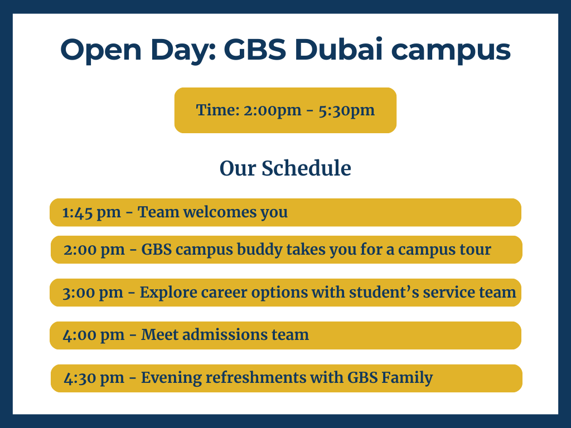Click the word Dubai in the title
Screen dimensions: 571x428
[x=338, y=49]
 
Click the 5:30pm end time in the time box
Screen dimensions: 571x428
[x=346, y=110]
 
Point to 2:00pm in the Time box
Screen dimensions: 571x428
[x=272, y=110]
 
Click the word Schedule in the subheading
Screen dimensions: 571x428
[x=306, y=168]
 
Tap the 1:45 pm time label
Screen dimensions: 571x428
[x=91, y=212]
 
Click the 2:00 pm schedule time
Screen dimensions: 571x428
[x=94, y=250]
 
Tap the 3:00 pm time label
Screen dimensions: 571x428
[x=93, y=293]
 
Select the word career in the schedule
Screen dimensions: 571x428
[x=224, y=293]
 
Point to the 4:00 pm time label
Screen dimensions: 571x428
[x=94, y=335]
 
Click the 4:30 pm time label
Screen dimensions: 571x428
[x=94, y=378]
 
